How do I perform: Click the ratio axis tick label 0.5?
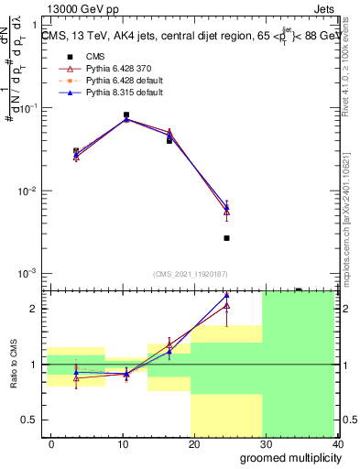[x=34, y=420]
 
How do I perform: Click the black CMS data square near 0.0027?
[x=226, y=238]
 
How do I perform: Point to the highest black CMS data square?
[x=125, y=115]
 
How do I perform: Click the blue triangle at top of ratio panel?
[x=226, y=295]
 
